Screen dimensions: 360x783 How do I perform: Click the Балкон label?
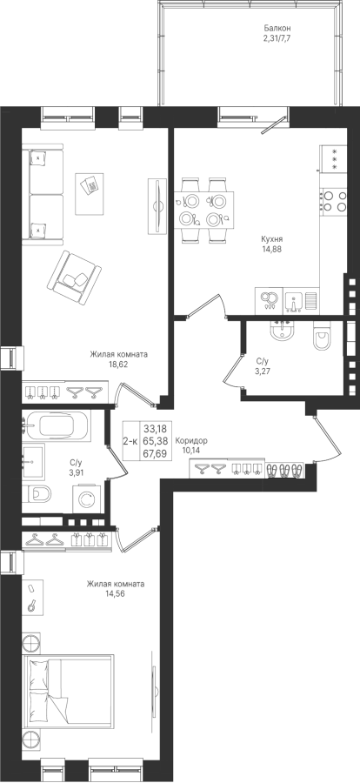point(277,29)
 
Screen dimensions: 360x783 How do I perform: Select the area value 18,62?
point(119,364)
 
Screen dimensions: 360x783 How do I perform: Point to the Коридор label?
point(191,441)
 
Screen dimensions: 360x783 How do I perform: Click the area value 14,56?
point(116,593)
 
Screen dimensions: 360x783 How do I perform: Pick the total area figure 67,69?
point(155,453)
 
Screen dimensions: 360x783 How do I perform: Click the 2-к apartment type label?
point(130,441)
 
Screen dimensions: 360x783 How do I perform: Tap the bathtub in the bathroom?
point(57,425)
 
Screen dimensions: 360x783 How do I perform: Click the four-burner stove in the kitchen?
point(334,202)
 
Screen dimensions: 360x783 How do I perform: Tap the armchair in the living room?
point(74,278)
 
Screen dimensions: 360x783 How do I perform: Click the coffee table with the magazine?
point(90,194)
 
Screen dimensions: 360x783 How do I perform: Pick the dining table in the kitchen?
point(203,210)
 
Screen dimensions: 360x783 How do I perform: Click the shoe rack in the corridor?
point(283,470)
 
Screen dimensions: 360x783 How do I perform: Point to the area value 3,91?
point(76,470)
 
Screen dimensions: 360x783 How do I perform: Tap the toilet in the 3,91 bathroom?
point(37,494)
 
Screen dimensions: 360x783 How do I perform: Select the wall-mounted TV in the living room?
point(157,205)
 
